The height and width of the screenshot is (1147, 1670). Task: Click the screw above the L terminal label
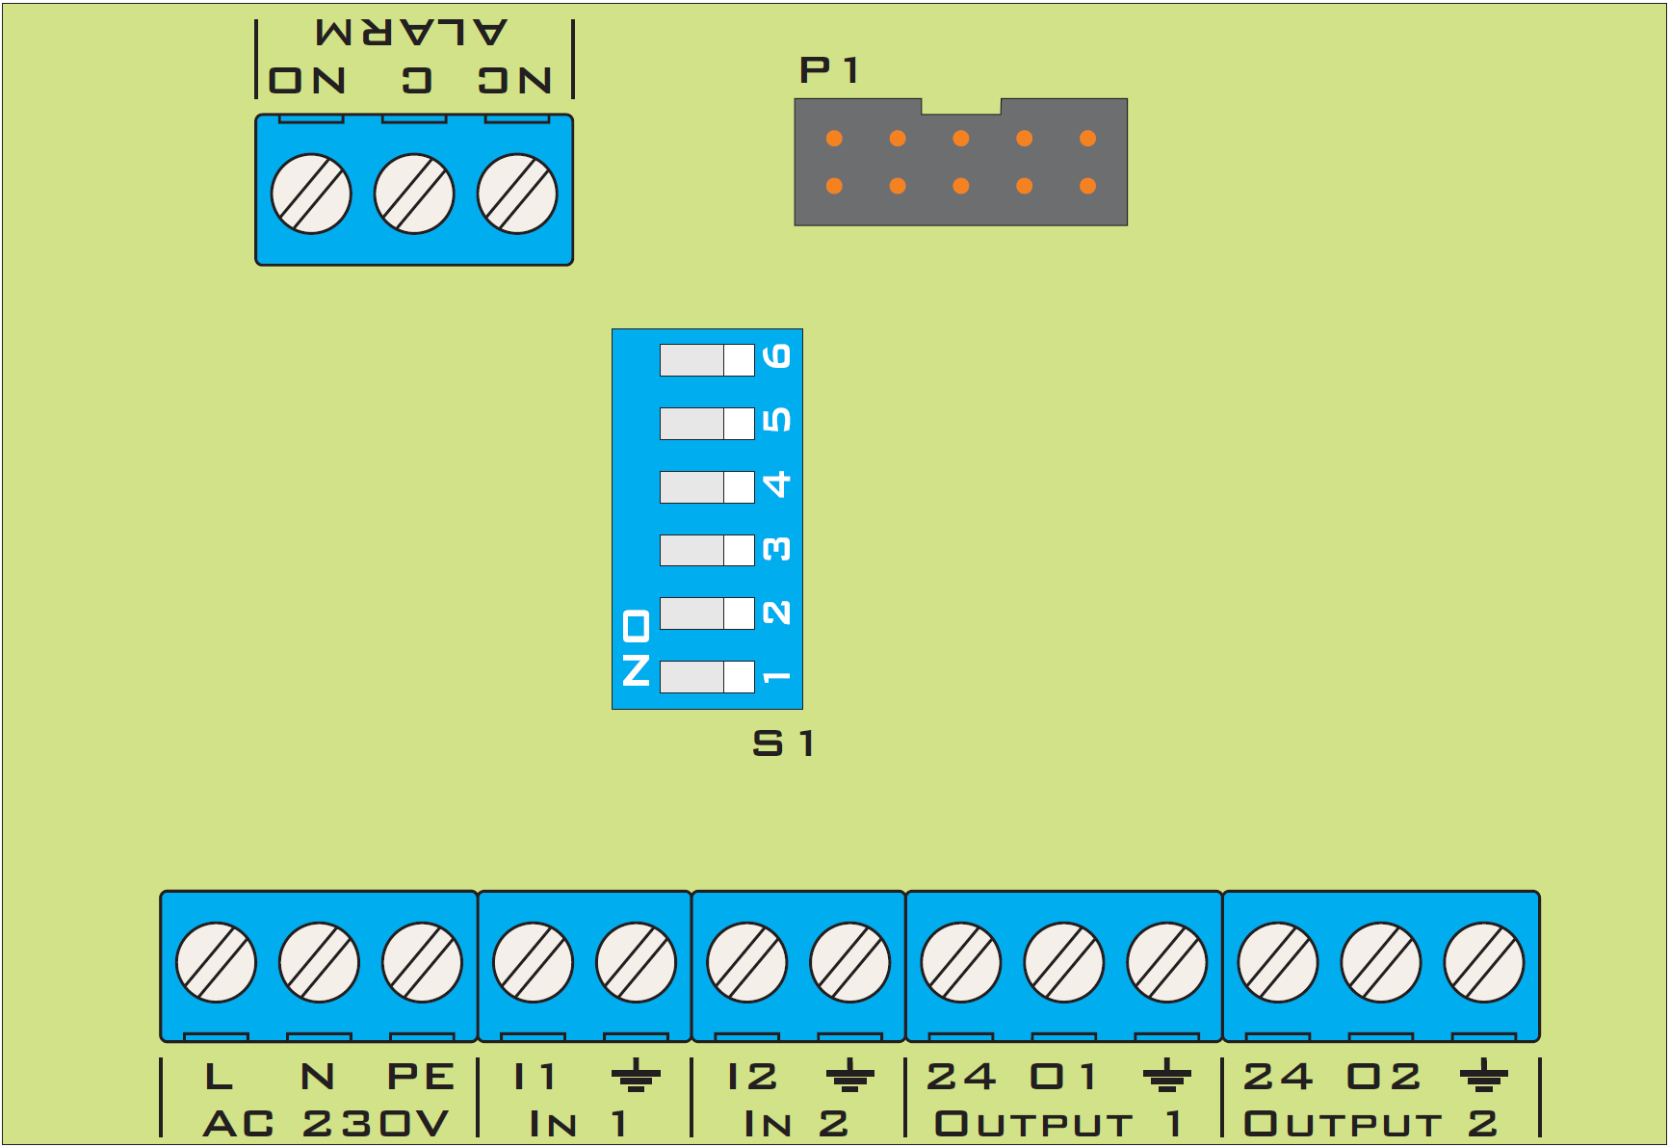pos(216,962)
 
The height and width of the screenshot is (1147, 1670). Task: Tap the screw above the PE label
pos(422,962)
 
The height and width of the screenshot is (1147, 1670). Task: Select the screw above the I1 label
pos(533,962)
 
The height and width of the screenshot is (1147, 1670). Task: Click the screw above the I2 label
pos(746,962)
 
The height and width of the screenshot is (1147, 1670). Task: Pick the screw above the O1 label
pos(1064,962)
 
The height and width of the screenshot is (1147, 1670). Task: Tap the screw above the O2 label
pos(1381,962)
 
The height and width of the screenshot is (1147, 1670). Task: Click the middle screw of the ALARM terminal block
pos(414,194)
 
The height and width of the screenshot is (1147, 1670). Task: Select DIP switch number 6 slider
pos(707,360)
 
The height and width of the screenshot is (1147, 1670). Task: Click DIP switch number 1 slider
pos(707,677)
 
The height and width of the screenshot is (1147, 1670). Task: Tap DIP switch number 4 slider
pos(707,487)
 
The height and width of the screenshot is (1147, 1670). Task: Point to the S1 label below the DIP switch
pos(784,743)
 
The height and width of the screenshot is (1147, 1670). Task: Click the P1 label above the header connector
pos(828,70)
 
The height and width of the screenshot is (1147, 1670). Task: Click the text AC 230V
pos(326,1123)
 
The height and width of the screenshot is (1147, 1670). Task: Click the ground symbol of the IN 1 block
pos(636,1075)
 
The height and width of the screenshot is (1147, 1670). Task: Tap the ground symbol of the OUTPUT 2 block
pos(1484,1075)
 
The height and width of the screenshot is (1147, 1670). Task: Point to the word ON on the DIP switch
pos(637,647)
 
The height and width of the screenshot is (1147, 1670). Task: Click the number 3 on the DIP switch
pos(776,549)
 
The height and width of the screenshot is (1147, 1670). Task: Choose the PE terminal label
pos(421,1077)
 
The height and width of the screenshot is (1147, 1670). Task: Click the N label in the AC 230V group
pos(318,1077)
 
